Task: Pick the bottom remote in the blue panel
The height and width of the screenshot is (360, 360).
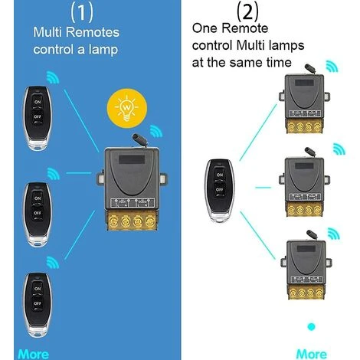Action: pyautogui.click(x=34, y=304)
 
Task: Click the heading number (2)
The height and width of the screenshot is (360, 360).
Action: pyautogui.click(x=247, y=11)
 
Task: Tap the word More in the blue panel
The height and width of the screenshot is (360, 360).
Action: pyautogui.click(x=33, y=353)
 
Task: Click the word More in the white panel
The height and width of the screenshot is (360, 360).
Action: pyautogui.click(x=310, y=353)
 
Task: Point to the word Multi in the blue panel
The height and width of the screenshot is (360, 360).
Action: pyautogui.click(x=47, y=34)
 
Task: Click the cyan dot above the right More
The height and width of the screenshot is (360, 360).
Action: pyautogui.click(x=311, y=329)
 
